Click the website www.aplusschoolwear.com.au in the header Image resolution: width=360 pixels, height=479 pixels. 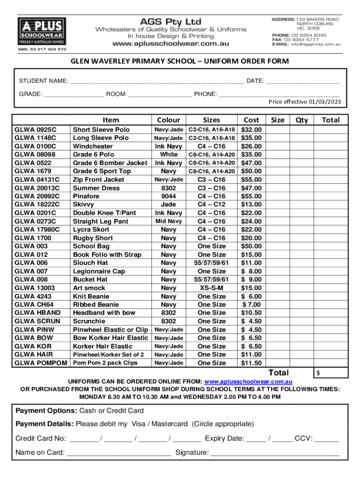tap(171, 43)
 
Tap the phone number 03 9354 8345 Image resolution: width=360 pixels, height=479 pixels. tap(310, 35)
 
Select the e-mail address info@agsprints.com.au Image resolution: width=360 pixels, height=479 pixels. tap(316, 44)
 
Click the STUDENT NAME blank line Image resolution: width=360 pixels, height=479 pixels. tap(157, 82)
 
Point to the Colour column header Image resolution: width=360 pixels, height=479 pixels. tap(168, 120)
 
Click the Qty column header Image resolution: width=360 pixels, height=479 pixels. tap(302, 120)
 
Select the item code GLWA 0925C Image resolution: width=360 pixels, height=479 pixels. tap(36, 130)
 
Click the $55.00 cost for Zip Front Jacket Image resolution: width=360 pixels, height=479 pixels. tap(251, 180)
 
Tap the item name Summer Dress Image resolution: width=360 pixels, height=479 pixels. tap(96, 188)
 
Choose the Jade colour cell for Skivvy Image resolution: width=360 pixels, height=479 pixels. tap(168, 204)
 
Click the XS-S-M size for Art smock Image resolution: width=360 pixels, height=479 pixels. tap(211, 288)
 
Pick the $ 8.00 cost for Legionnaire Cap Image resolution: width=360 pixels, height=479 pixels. tap(251, 271)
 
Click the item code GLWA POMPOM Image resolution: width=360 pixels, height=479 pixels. tap(40, 363)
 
